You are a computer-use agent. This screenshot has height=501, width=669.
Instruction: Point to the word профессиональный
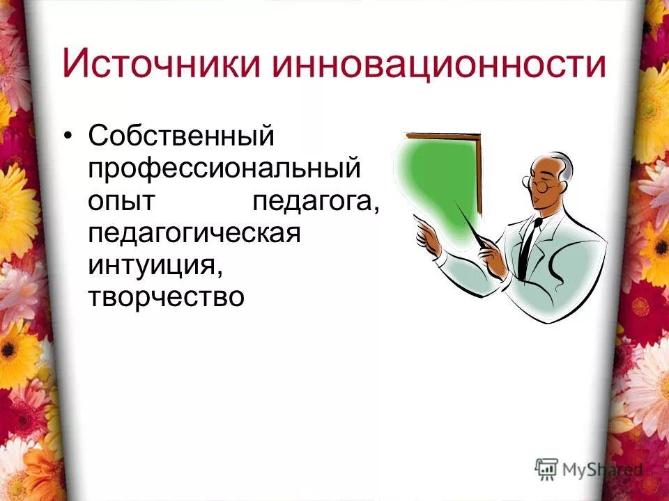pos(224,169)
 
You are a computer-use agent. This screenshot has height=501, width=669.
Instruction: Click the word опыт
pos(123,202)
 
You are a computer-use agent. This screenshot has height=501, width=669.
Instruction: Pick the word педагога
pos(316,202)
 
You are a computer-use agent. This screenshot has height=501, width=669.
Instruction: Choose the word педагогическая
pos(194,234)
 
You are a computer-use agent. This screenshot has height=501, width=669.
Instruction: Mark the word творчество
pos(167,298)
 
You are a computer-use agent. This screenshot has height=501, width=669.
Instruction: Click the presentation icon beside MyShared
pos(547,468)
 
